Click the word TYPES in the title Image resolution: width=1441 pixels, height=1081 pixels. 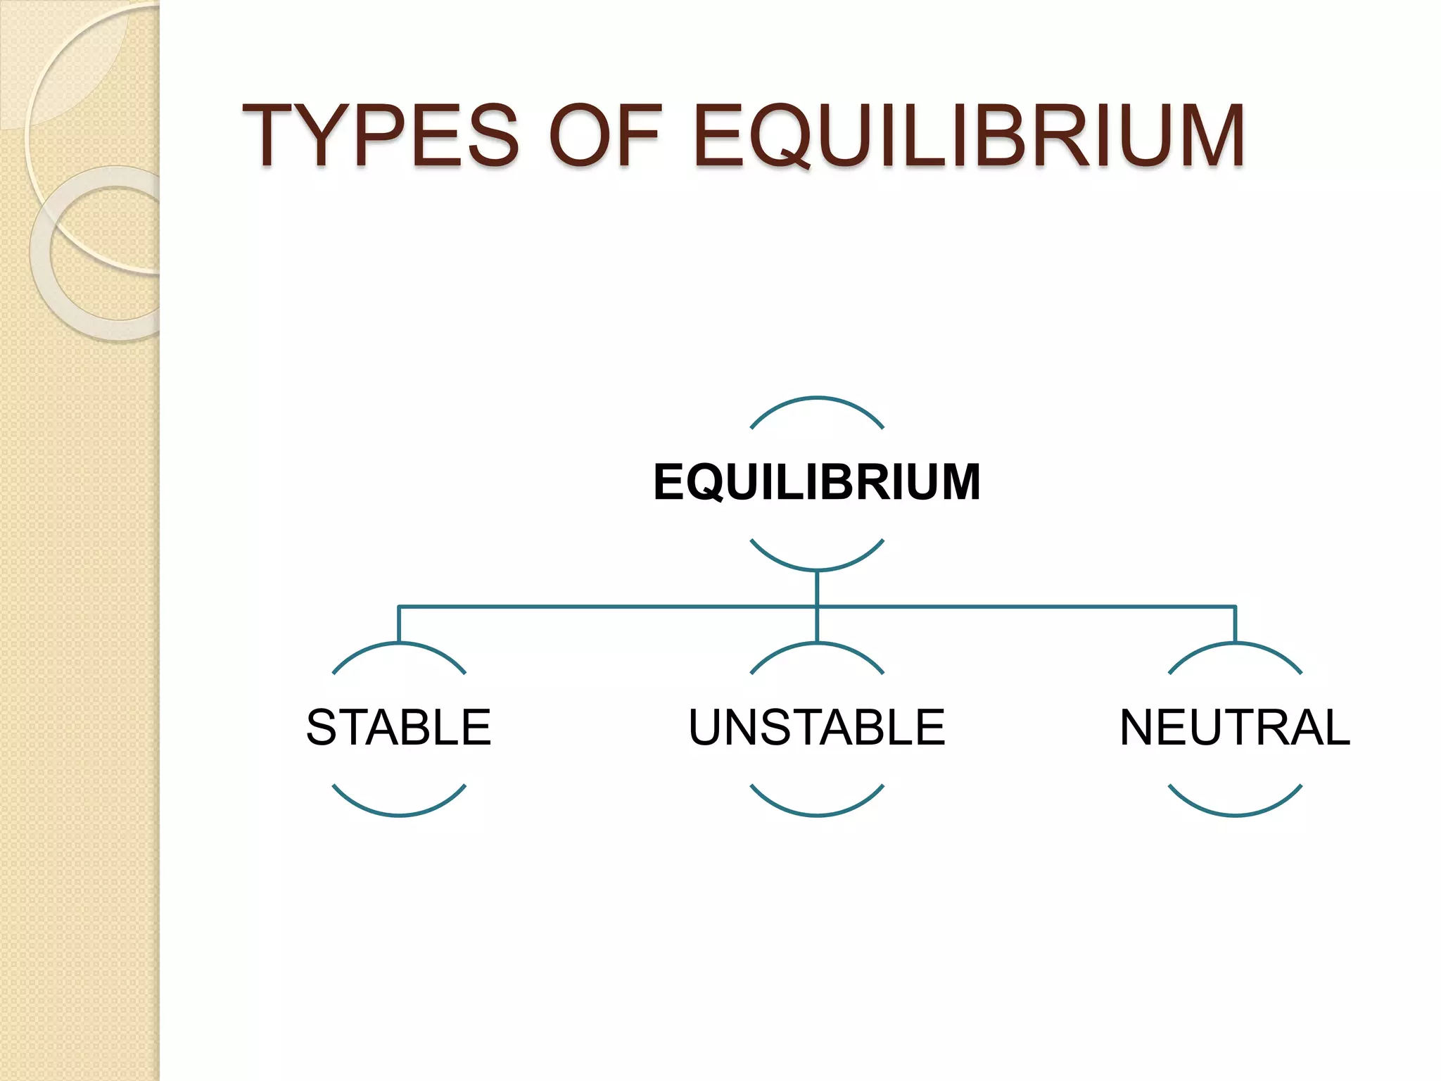point(381,135)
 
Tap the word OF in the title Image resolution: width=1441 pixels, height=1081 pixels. point(605,135)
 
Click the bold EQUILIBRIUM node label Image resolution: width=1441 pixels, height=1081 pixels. point(816,483)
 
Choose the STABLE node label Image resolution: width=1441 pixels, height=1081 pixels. point(398,727)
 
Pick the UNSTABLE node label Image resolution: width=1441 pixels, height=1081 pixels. point(816,727)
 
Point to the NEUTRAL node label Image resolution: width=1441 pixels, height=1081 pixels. point(1235,727)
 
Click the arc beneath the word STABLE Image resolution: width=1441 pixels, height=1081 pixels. point(398,814)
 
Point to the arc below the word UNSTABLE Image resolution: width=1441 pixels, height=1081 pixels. point(816,814)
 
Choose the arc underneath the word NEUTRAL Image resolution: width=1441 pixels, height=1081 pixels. point(1235,814)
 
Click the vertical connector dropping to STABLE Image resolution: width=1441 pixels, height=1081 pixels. point(399,624)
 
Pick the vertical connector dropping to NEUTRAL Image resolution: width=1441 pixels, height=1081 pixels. point(1235,624)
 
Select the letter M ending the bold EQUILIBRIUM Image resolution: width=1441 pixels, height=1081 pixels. point(958,483)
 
